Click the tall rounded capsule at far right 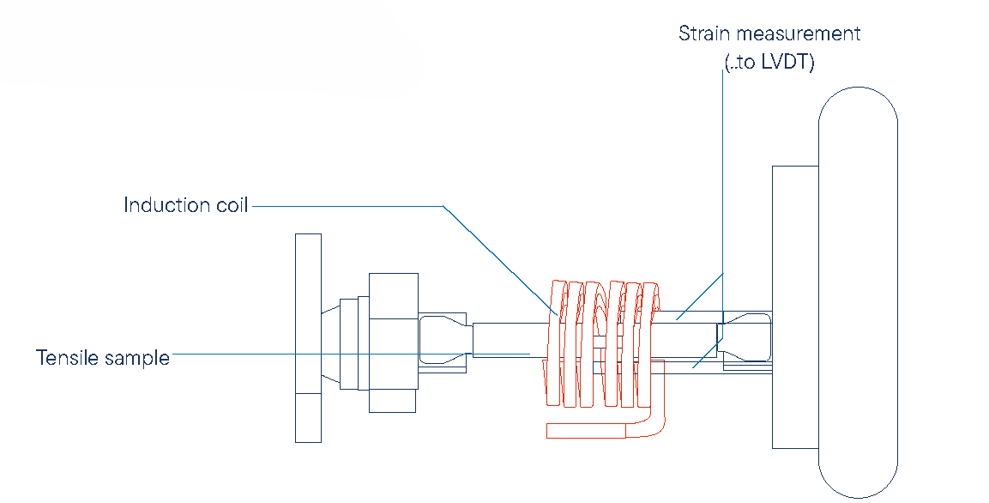coord(857,292)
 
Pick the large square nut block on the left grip coord(393,342)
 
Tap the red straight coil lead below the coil coord(592,430)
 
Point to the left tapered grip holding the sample coord(444,339)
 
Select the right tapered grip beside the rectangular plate coord(745,339)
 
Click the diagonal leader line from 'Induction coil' coord(498,258)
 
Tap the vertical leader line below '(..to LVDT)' coord(721,172)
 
